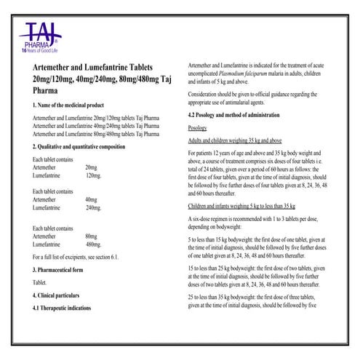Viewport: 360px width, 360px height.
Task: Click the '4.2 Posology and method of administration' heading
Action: [252, 113]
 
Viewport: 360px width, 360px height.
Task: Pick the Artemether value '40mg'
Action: [92, 199]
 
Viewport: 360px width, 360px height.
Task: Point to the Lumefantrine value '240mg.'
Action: [94, 207]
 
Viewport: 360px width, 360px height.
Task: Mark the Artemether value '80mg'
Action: [92, 236]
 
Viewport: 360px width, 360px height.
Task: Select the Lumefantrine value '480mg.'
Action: [94, 244]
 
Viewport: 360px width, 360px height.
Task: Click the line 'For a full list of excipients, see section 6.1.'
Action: [85, 258]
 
